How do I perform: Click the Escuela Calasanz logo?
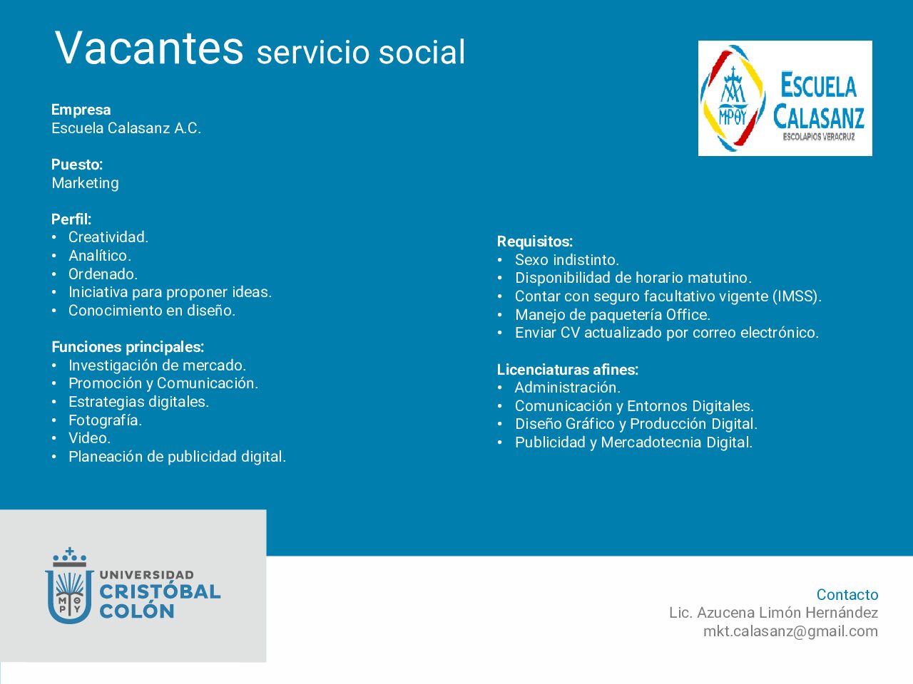(x=785, y=98)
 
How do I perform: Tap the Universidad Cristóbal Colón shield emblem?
(x=69, y=586)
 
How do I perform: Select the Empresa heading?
(x=81, y=110)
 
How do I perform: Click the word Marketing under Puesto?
(x=86, y=182)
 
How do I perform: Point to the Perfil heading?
(x=71, y=219)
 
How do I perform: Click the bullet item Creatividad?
(x=108, y=237)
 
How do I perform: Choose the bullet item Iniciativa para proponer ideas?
(x=170, y=292)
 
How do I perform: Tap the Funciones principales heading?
(x=128, y=347)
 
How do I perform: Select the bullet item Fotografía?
(x=106, y=420)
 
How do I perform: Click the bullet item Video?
(x=89, y=438)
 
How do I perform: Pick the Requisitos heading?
(x=535, y=242)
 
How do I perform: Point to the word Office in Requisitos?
(x=688, y=314)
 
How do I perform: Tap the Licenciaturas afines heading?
(x=567, y=369)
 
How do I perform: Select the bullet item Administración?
(x=567, y=388)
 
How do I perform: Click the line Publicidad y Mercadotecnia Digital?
(x=634, y=442)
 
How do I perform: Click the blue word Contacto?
(x=847, y=594)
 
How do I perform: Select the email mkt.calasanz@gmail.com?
(x=790, y=631)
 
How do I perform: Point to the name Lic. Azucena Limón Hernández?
(x=774, y=613)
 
